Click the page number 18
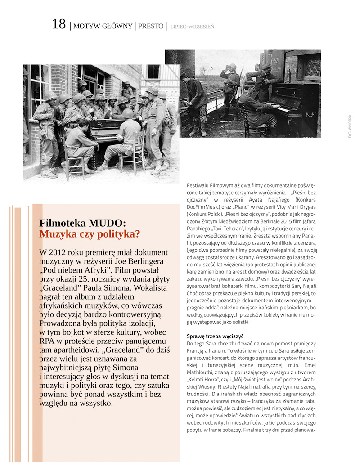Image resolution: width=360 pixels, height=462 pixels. (x=59, y=24)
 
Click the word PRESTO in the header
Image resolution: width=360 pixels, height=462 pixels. (x=151, y=26)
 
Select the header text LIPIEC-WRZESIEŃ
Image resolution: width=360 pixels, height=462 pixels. (x=192, y=27)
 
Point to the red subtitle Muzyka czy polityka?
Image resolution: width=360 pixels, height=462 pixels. (x=90, y=234)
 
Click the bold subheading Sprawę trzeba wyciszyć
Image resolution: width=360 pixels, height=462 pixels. (x=215, y=336)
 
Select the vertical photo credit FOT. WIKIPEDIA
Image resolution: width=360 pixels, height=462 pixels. (x=350, y=126)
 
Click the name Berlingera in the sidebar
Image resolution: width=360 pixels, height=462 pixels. (x=148, y=261)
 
